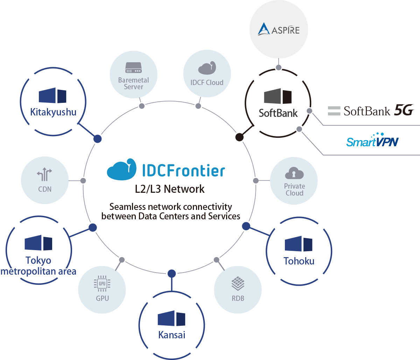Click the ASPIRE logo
coord(279,30)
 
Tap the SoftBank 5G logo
coord(371,111)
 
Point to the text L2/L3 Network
coord(170,189)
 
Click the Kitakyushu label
coord(53,112)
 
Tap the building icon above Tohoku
coord(299,244)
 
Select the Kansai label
coord(171,335)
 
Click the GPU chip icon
coord(102,284)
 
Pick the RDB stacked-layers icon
coord(238,284)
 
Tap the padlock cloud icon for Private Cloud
coord(294,173)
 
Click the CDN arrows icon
coord(44,174)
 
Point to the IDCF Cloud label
coord(207,83)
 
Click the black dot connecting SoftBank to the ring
coord(239,137)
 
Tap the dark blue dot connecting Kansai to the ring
coord(171,273)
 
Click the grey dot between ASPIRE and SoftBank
coord(279,67)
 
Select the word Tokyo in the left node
coord(38,260)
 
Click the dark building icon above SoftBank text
coord(278,96)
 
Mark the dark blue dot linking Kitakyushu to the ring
coord(98,139)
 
